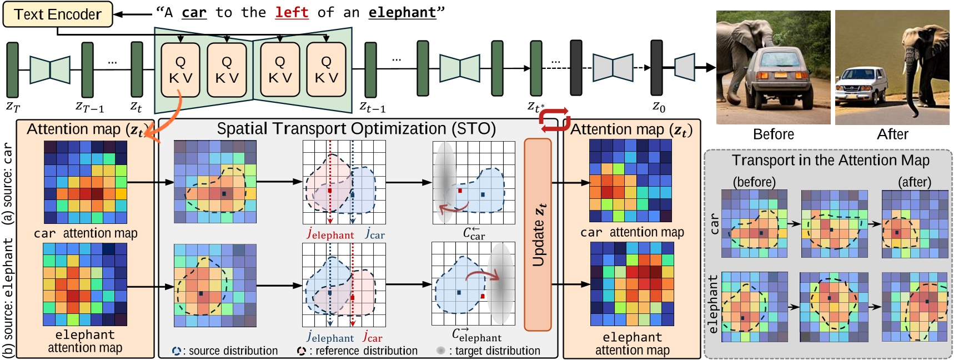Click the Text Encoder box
[x=57, y=14]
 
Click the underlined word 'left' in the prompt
[x=292, y=12]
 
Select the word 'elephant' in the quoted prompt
[x=402, y=12]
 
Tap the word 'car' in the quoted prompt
[x=194, y=12]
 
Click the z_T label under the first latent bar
[x=13, y=106]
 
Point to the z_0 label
[x=659, y=106]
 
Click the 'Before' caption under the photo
[x=773, y=134]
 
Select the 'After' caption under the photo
[x=892, y=134]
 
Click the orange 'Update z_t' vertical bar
[x=538, y=234]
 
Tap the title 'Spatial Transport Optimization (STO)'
[x=356, y=129]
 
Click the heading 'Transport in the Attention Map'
[x=830, y=161]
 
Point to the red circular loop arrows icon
[x=554, y=120]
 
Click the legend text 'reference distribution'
[x=366, y=351]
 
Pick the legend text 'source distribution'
[x=233, y=351]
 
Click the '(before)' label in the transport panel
[x=754, y=182]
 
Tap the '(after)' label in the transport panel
[x=914, y=182]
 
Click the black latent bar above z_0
[x=656, y=68]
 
